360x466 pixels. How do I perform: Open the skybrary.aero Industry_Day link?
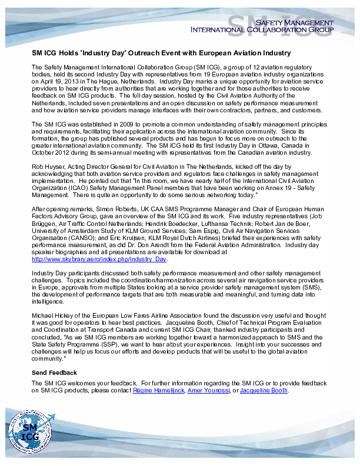click(99, 259)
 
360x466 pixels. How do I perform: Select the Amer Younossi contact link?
click(208, 390)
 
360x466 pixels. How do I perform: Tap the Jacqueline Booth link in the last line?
click(264, 390)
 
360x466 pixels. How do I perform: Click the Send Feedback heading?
click(54, 373)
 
